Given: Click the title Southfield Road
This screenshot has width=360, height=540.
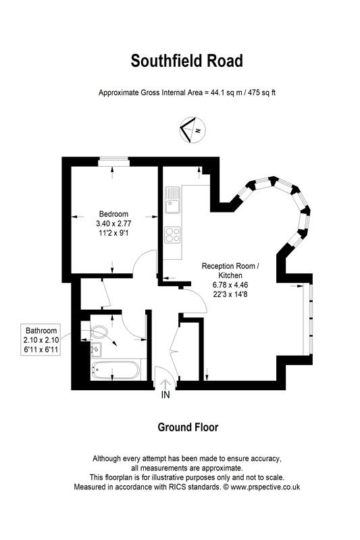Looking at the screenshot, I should (x=186, y=61).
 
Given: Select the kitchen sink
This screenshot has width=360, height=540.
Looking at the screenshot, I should (x=172, y=200).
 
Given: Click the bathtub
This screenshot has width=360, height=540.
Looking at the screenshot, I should (x=113, y=369).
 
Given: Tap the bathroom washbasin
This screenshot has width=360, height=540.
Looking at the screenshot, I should (x=95, y=349).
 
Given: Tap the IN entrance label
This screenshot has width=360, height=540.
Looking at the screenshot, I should (x=165, y=396).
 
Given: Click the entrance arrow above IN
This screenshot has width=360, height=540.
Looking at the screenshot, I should (x=165, y=382).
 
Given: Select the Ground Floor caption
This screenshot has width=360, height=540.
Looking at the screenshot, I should (x=187, y=427).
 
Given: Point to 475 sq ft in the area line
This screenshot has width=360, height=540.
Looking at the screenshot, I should (x=259, y=92).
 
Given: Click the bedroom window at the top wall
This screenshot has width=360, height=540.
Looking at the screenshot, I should (x=112, y=160).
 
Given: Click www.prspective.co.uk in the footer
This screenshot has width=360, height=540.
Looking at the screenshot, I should (x=265, y=486).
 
